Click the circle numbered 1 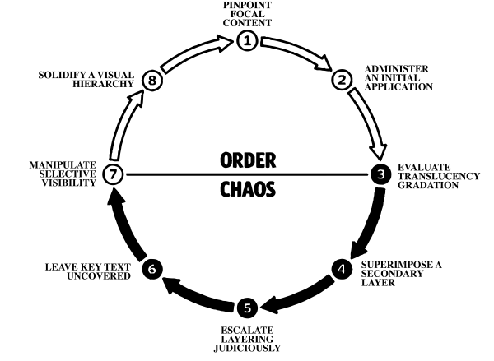coord(247,39)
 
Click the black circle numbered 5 coord(247,308)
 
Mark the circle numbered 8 coord(151,80)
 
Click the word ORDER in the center coord(247,160)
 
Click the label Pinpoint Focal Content coord(247,13)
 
